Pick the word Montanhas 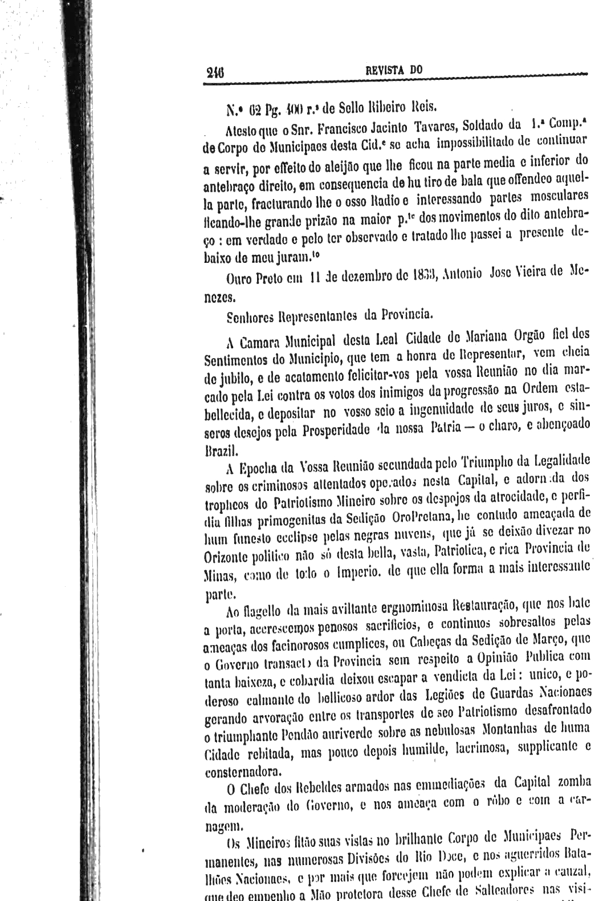tap(507, 731)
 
